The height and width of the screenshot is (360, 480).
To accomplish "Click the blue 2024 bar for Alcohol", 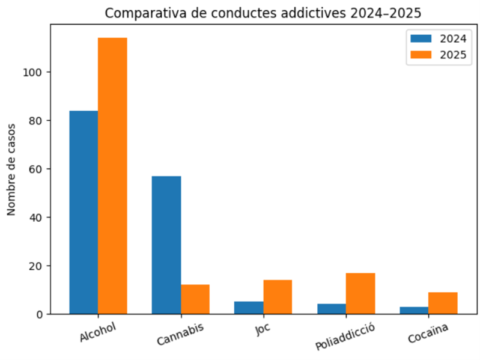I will tap(84, 212).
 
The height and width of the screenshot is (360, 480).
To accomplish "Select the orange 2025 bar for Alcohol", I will tap(112, 175).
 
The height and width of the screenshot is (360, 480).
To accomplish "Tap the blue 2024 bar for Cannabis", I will tap(166, 245).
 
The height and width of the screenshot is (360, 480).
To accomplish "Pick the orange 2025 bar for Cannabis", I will tap(195, 299).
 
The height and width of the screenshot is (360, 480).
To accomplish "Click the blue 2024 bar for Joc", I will tap(249, 308).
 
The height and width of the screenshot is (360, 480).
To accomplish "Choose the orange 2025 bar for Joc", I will tap(278, 297).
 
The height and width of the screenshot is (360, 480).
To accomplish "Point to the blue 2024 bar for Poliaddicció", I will tap(332, 309).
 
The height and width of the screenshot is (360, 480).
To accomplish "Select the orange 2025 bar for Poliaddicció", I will tap(360, 293).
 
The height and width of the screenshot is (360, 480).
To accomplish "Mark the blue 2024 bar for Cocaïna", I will tap(414, 310).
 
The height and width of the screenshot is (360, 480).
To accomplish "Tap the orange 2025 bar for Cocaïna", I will tap(443, 303).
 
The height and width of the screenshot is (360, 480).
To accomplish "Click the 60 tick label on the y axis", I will tap(38, 169).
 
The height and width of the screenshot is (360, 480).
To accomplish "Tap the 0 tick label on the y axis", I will tap(40, 314).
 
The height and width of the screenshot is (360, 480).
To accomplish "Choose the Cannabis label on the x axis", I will tap(180, 334).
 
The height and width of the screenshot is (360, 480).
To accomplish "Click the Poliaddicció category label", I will tap(345, 337).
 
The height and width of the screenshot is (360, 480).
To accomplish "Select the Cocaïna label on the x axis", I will tap(428, 334).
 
